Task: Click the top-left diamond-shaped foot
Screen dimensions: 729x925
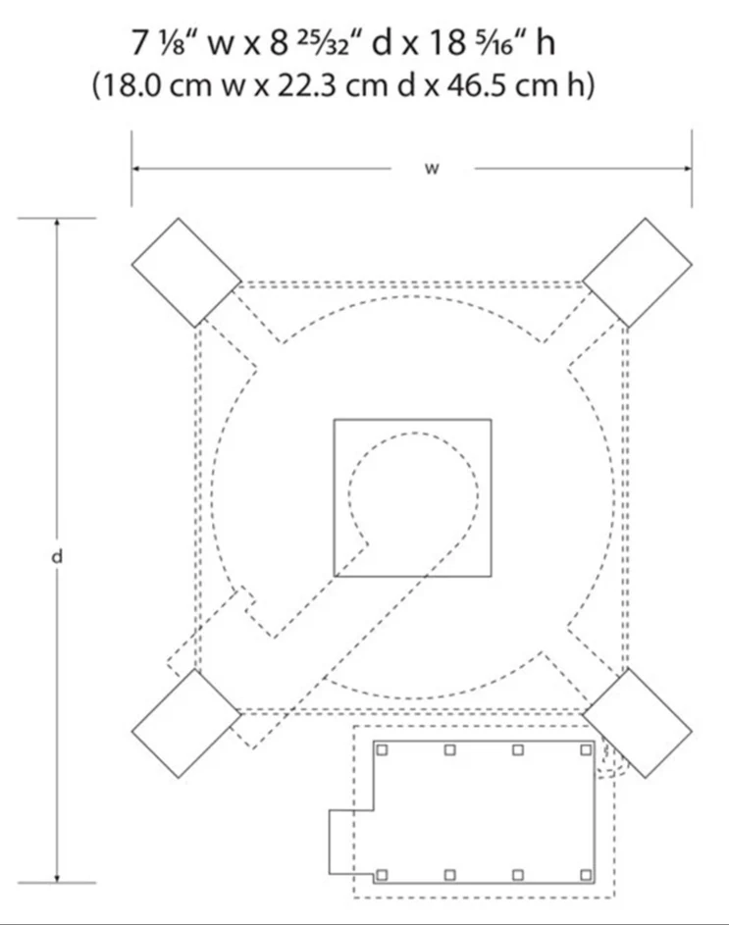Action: click(186, 273)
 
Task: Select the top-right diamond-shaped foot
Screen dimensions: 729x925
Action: click(638, 273)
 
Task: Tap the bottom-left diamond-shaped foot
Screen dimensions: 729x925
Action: click(186, 723)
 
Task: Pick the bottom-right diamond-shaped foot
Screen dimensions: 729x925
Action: click(638, 723)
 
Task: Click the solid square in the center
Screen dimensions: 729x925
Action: click(413, 498)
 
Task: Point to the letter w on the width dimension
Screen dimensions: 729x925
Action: click(432, 169)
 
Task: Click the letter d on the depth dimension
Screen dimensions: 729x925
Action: click(57, 556)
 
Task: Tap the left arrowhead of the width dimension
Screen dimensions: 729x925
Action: click(135, 169)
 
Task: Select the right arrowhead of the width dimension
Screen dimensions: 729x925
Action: click(688, 169)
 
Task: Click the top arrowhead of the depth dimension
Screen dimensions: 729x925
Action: click(57, 223)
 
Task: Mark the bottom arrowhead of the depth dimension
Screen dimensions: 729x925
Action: click(57, 879)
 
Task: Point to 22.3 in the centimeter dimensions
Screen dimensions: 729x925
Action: click(306, 86)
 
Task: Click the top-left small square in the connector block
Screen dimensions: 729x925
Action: click(382, 749)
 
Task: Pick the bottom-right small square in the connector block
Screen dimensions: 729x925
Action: click(586, 875)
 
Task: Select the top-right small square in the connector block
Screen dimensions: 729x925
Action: click(586, 749)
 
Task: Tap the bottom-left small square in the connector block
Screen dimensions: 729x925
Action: click(382, 875)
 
